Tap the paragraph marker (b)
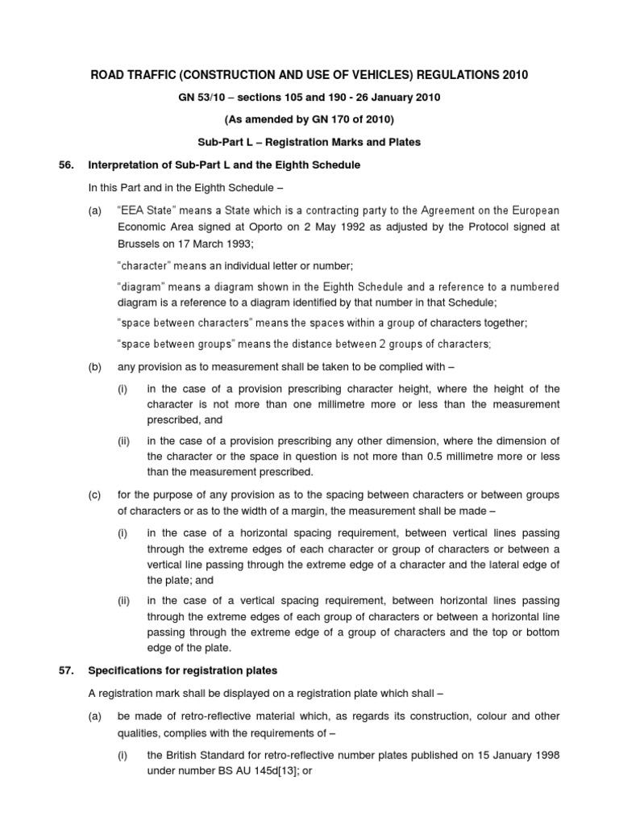[x=95, y=367]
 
